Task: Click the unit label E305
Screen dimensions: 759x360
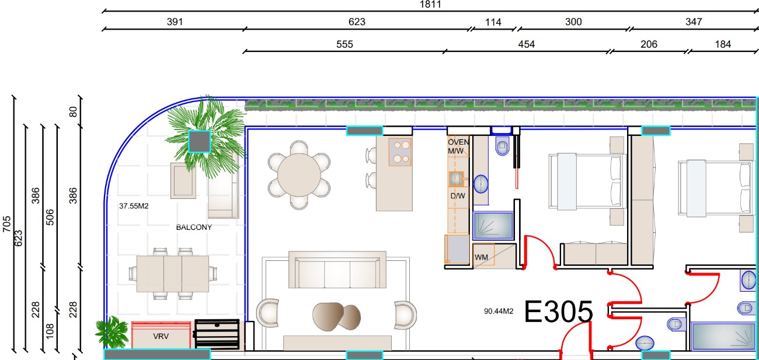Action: [558, 312]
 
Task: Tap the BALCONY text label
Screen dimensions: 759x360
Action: [194, 227]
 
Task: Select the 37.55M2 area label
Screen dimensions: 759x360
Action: [134, 206]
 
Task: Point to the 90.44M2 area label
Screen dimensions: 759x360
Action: [499, 311]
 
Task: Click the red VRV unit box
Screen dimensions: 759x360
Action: [161, 335]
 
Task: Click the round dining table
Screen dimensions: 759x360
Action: [299, 175]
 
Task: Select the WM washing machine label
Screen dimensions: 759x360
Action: [481, 257]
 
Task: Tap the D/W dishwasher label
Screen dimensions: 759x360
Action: [458, 195]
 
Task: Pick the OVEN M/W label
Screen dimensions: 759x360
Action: [458, 146]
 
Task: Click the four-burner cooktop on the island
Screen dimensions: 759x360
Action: [400, 152]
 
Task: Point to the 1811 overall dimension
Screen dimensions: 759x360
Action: [430, 5]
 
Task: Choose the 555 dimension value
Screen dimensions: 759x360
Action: [344, 44]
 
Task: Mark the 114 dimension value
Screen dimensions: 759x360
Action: [493, 22]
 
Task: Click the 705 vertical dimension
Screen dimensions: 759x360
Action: [7, 224]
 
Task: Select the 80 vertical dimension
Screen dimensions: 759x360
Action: [73, 112]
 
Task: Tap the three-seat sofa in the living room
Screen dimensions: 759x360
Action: [337, 270]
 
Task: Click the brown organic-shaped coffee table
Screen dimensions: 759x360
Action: [336, 316]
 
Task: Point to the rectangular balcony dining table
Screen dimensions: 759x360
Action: [172, 274]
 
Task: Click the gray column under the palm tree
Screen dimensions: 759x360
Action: [199, 142]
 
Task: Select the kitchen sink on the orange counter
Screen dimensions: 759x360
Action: [456, 179]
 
